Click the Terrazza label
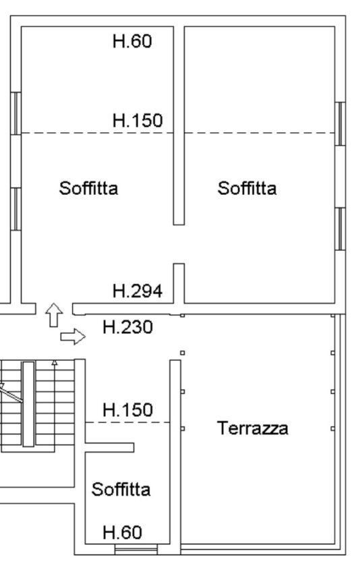[x=252, y=428]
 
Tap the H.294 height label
[x=138, y=291]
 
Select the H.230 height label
[x=127, y=327]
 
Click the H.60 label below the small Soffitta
[x=122, y=532]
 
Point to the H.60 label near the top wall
[x=132, y=41]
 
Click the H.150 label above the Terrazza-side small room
[x=127, y=409]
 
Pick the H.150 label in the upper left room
[x=138, y=120]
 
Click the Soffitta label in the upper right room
[x=247, y=188]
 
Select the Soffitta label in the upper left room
[x=88, y=188]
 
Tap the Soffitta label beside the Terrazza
[x=121, y=489]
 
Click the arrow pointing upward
[x=54, y=315]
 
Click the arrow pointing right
[x=73, y=337]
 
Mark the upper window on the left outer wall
[x=16, y=113]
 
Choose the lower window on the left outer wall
[x=16, y=209]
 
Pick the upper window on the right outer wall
[x=340, y=123]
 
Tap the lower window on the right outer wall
[x=340, y=229]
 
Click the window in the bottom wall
[x=136, y=549]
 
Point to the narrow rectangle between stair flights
[x=28, y=404]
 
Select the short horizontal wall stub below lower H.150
[x=110, y=448]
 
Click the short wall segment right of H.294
[x=179, y=283]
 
